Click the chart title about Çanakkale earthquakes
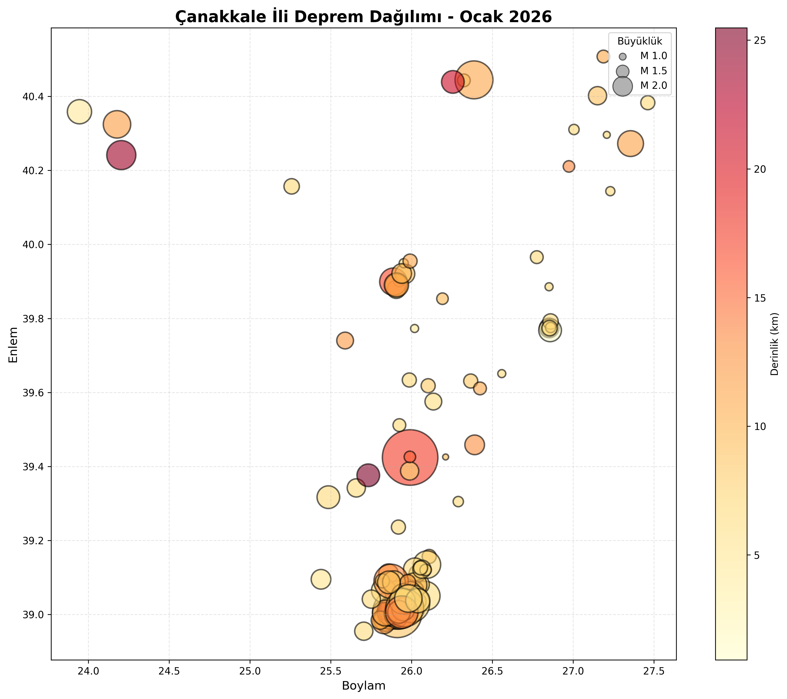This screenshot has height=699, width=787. (363, 17)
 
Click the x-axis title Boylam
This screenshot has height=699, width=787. (363, 686)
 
